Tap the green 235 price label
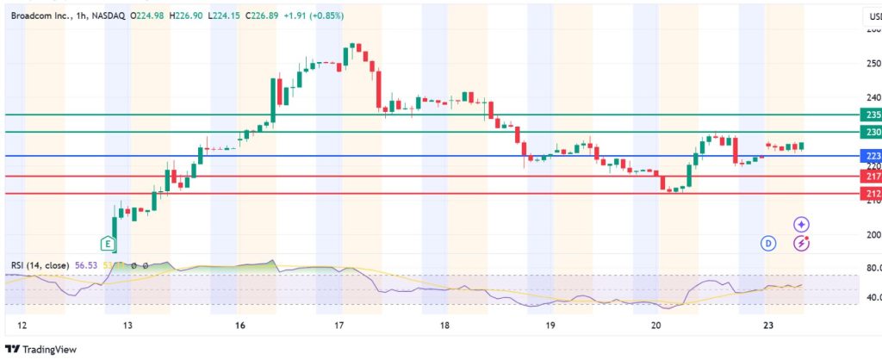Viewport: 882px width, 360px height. pos(872,115)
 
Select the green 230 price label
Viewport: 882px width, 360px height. pos(872,132)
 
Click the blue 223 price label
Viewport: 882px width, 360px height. pos(872,156)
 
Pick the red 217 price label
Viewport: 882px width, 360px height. pos(872,176)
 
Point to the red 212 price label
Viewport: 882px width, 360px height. pos(872,194)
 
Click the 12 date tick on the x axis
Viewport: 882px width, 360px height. pos(23,326)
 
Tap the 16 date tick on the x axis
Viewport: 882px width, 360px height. pos(239,326)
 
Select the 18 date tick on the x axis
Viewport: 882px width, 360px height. pos(444,326)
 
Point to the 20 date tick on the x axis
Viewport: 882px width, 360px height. pos(656,326)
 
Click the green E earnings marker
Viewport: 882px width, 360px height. pos(108,244)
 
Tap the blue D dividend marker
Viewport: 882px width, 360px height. pos(767,244)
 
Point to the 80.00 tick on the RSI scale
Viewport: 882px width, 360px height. pos(872,268)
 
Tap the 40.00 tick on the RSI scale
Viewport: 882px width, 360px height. pos(872,298)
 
